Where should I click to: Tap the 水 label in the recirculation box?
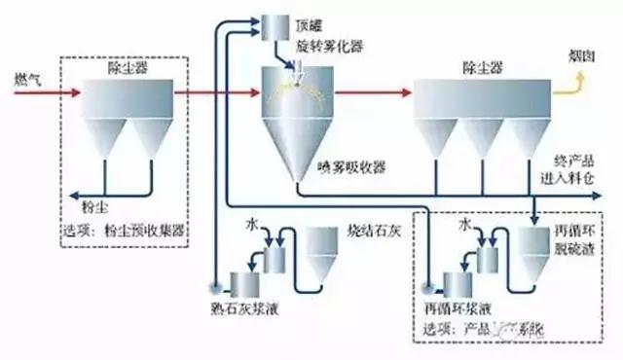coord(465,225)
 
